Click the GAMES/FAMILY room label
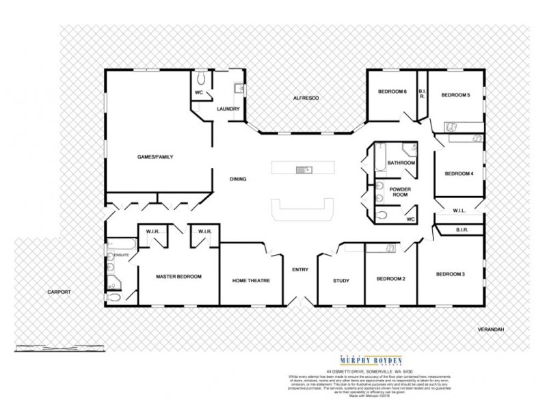tap(155, 157)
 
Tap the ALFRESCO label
tap(302, 98)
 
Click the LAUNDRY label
tap(227, 109)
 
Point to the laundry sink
tap(239, 88)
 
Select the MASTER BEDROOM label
tap(178, 277)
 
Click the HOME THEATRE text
tap(251, 281)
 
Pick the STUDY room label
tap(341, 281)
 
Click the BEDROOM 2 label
tap(390, 279)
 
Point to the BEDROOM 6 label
tap(392, 94)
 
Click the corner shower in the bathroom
tap(409, 151)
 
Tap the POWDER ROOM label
tap(399, 192)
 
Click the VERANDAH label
tap(492, 329)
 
